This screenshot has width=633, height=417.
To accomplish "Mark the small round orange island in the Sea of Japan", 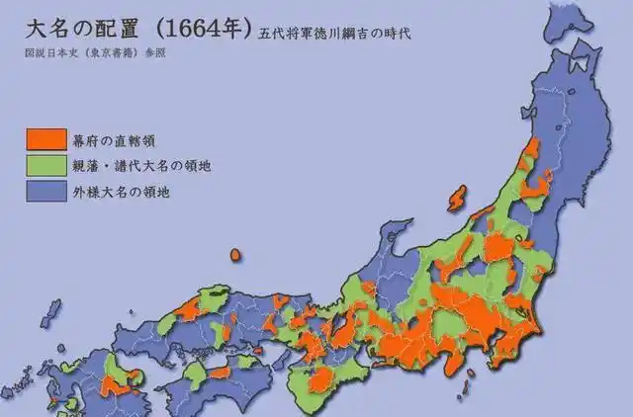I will tap(235, 254).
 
